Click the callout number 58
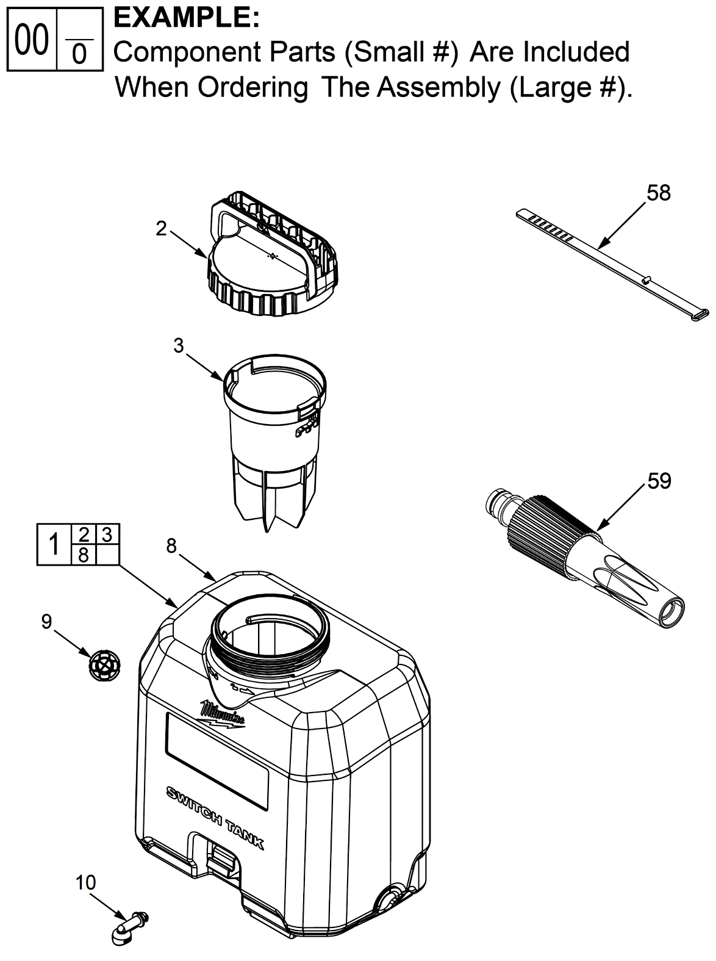[659, 193]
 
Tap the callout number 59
[659, 481]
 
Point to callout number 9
[47, 622]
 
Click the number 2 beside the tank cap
[162, 229]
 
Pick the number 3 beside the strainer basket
[179, 346]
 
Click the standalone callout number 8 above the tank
[171, 545]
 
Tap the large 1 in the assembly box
[54, 545]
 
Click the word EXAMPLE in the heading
[186, 18]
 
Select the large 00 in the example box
[32, 40]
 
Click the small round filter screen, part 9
[105, 666]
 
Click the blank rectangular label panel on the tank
[217, 761]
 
